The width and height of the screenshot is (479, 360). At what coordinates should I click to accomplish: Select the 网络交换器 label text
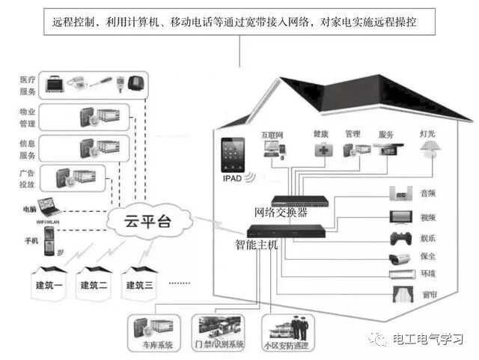281,212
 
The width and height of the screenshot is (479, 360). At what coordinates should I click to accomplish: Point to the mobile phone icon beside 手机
49,241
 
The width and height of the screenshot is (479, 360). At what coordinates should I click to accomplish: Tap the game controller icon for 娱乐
400,240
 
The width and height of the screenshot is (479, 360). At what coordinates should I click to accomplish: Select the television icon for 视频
400,218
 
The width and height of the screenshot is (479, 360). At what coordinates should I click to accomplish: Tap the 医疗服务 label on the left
28,86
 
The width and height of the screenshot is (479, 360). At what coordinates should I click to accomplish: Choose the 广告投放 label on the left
28,178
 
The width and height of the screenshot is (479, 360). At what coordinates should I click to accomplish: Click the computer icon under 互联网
272,148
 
